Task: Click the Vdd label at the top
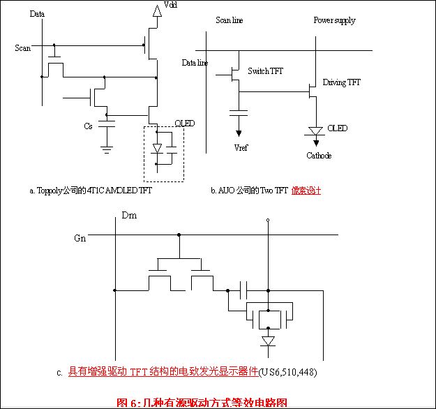pyautogui.click(x=170, y=6)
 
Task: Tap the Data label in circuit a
pyautogui.click(x=38, y=13)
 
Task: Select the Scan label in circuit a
pyautogui.click(x=22, y=47)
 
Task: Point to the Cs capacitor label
pyautogui.click(x=88, y=126)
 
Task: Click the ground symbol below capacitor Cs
pyautogui.click(x=106, y=147)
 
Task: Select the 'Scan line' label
pyautogui.click(x=230, y=20)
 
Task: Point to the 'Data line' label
pyautogui.click(x=195, y=62)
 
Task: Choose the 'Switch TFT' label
pyautogui.click(x=266, y=71)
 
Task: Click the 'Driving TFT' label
pyautogui.click(x=342, y=82)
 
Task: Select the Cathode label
pyautogui.click(x=319, y=156)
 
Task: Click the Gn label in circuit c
pyautogui.click(x=81, y=238)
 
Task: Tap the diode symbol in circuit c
pyautogui.click(x=267, y=341)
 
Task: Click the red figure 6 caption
pyautogui.click(x=202, y=402)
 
